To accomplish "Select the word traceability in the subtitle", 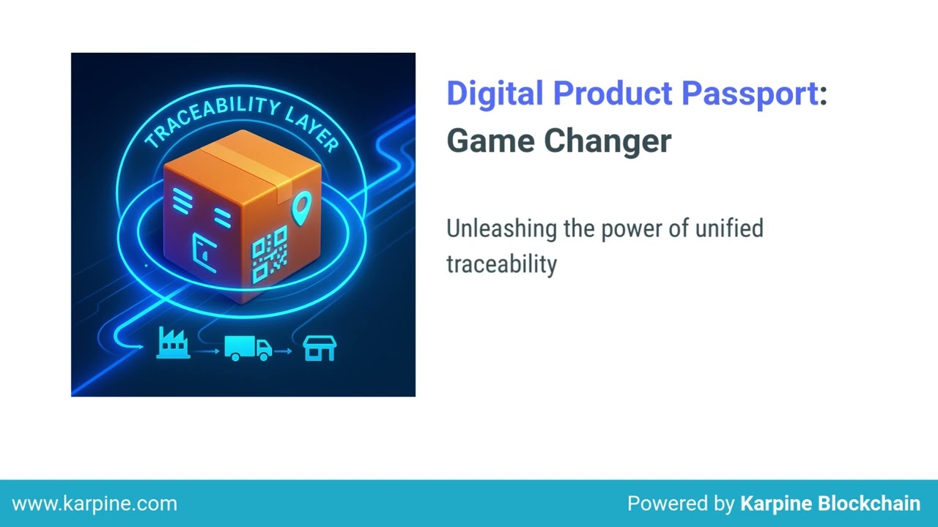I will (x=501, y=263).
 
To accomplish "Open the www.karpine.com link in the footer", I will (x=95, y=504).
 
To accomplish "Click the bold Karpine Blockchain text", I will (x=830, y=504).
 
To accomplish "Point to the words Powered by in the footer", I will (x=681, y=504).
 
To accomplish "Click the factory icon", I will (x=173, y=344).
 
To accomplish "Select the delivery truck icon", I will (x=247, y=348).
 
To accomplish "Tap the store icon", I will (x=320, y=348).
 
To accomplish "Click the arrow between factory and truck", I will (x=210, y=352).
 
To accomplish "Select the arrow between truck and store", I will (x=284, y=352).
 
